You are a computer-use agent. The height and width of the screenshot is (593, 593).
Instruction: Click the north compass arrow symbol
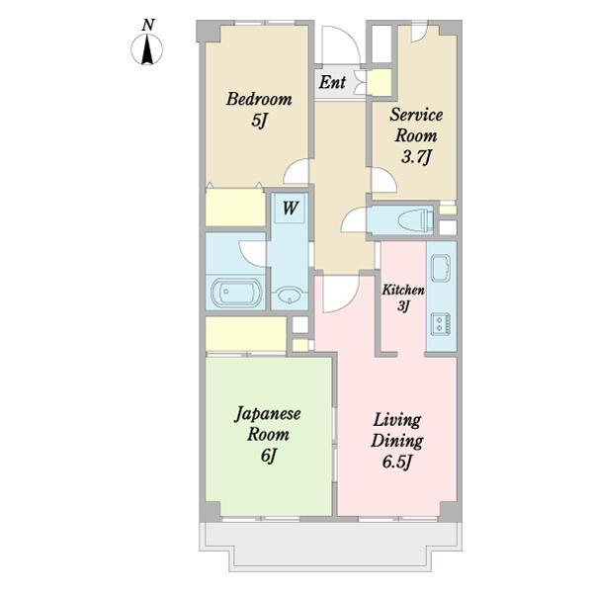pyautogui.click(x=147, y=49)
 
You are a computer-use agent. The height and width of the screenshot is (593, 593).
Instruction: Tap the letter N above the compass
pyautogui.click(x=148, y=25)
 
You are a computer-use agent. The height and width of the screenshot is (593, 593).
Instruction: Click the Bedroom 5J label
pyautogui.click(x=259, y=110)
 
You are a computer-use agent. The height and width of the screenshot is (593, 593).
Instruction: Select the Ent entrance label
pyautogui.click(x=332, y=82)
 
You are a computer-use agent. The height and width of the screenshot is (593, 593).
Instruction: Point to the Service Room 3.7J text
pyautogui.click(x=416, y=135)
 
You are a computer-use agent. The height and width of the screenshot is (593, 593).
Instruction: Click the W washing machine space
pyautogui.click(x=290, y=209)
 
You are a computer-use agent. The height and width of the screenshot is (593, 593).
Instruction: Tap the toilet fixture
pyautogui.click(x=415, y=220)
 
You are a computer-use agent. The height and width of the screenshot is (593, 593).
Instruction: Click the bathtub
pyautogui.click(x=236, y=293)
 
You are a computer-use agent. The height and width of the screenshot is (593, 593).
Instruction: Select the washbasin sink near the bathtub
pyautogui.click(x=290, y=296)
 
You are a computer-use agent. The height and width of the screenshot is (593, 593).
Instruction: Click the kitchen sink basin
pyautogui.click(x=441, y=268)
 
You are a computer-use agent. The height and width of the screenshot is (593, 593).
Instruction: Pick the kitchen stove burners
pyautogui.click(x=442, y=324)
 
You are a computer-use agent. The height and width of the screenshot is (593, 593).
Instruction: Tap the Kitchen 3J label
pyautogui.click(x=403, y=298)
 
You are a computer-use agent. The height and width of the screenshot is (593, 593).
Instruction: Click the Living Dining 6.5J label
pyautogui.click(x=397, y=441)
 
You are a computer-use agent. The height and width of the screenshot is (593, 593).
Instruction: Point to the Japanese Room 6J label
pyautogui.click(x=268, y=435)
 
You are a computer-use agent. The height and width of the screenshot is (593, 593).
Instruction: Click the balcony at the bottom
pyautogui.click(x=330, y=547)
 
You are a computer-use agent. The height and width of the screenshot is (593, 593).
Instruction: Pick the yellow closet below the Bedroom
pyautogui.click(x=235, y=208)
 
